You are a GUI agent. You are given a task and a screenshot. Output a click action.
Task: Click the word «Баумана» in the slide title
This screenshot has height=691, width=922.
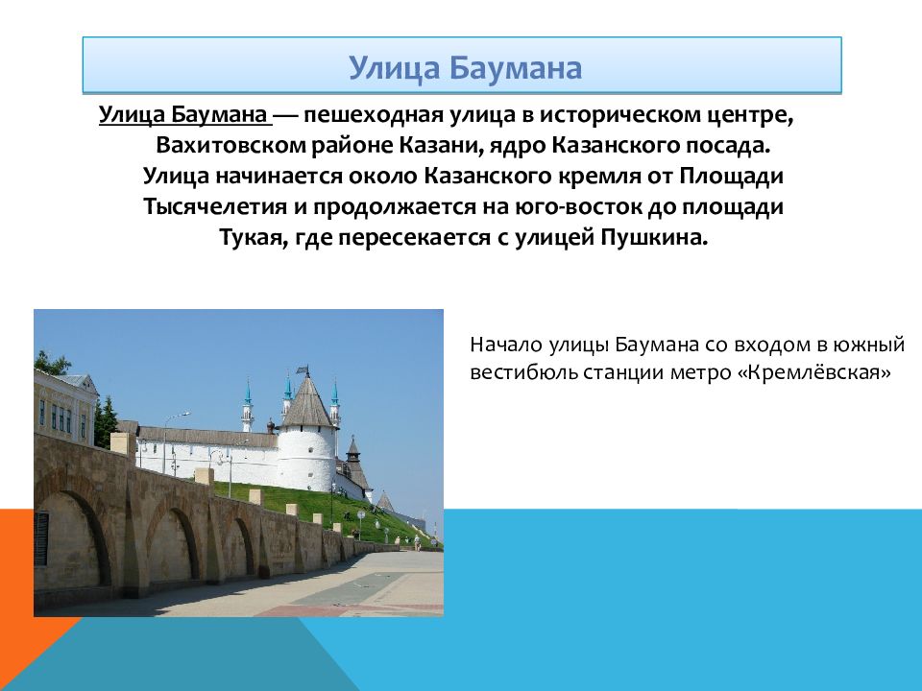coord(516,67)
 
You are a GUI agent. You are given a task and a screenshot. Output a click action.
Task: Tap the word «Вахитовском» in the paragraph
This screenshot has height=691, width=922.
coord(230,145)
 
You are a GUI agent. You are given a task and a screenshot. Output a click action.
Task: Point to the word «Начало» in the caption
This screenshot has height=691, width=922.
coord(506,344)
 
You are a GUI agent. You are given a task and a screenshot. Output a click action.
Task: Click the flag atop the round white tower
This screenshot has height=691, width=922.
coord(303,370)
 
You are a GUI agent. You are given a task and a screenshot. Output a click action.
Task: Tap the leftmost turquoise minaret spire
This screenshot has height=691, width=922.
coord(248,393)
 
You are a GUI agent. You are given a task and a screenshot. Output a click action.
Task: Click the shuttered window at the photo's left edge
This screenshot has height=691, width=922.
coord(41,538)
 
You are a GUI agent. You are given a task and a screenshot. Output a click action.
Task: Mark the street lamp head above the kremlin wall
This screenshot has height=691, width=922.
coord(184,414)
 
